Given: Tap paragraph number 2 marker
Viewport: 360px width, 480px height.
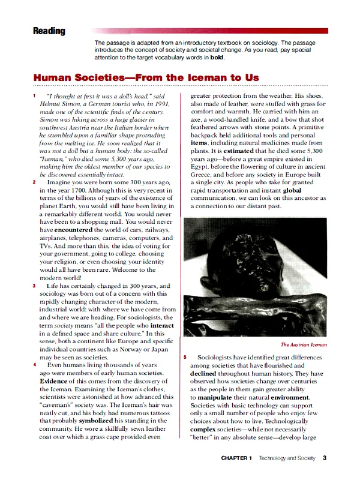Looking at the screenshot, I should (34, 182).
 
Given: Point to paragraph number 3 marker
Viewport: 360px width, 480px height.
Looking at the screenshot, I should (34, 286).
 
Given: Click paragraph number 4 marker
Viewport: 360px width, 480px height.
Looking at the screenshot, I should (34, 364).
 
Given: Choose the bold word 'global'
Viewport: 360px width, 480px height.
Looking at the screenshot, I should (291, 188).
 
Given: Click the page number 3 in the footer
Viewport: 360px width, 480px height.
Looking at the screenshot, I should (324, 458).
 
